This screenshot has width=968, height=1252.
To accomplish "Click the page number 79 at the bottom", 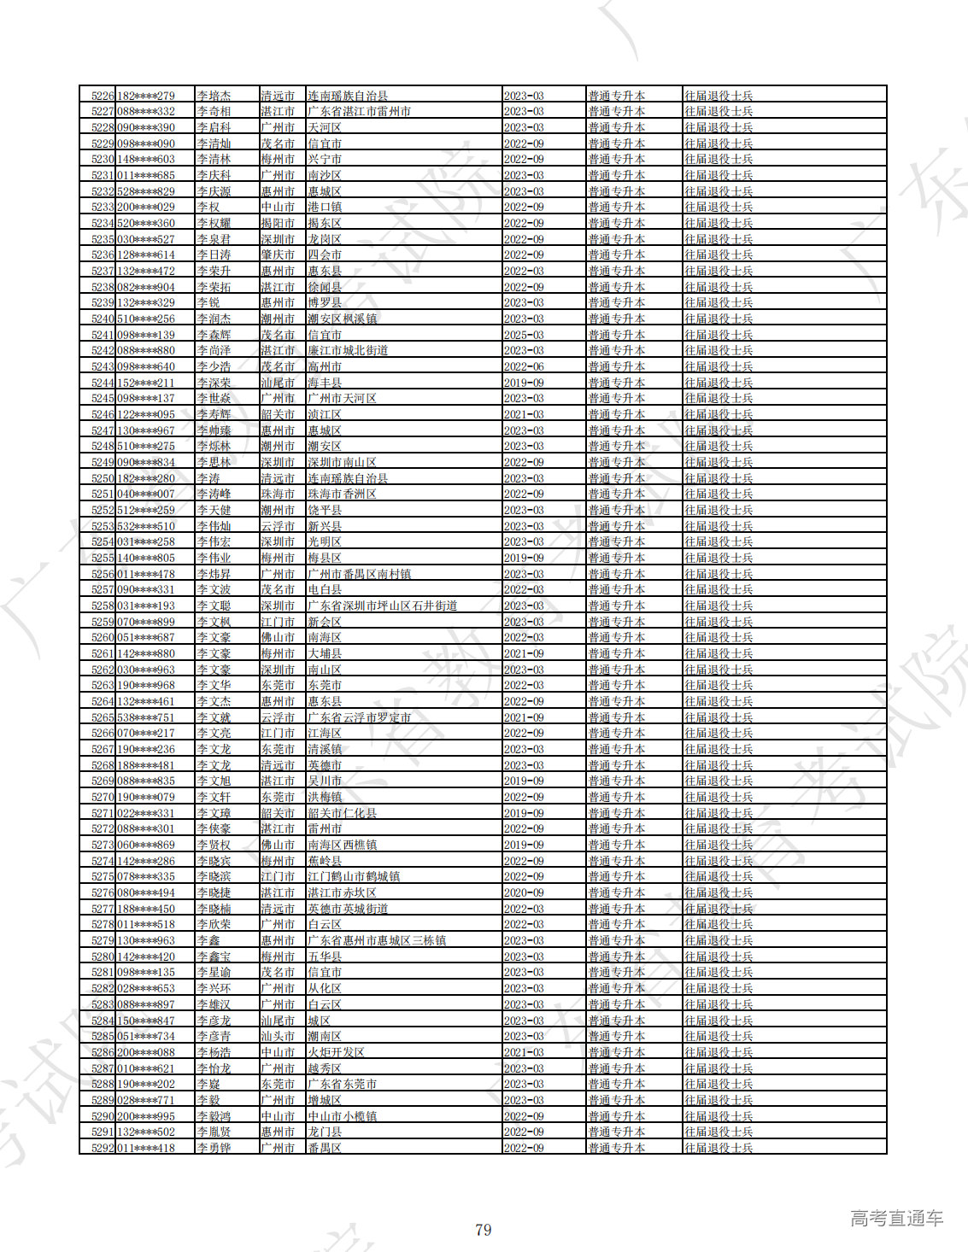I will [483, 1230].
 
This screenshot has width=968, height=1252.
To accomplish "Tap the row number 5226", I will [103, 96].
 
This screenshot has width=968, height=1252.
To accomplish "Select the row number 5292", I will [103, 1148].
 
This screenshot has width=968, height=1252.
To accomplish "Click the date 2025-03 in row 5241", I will [524, 335].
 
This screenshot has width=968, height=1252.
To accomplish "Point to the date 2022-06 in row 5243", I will [524, 366].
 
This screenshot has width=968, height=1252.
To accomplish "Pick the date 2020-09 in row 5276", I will [524, 892].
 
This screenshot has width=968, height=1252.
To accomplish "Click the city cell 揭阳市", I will [278, 223].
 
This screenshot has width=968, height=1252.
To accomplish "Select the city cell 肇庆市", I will [278, 254].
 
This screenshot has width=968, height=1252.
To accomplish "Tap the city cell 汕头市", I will [278, 1036].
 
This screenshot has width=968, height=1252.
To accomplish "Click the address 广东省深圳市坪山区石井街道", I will [382, 606].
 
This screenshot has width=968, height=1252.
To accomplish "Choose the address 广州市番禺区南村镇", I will [359, 574].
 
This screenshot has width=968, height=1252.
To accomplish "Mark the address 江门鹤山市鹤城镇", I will [353, 876].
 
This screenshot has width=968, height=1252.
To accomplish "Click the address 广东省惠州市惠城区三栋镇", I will [376, 940].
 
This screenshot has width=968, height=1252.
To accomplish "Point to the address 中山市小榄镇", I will [342, 1116].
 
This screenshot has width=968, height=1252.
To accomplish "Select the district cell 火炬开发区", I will [336, 1052].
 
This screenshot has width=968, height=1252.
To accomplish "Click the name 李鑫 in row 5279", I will [208, 940].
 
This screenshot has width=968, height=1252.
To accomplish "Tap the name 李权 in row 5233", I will [208, 207].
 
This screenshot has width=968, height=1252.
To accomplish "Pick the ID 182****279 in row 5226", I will [146, 96].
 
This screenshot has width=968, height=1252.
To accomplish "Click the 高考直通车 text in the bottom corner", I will [896, 1218].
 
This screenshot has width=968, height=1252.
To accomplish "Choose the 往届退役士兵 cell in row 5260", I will [719, 637].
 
